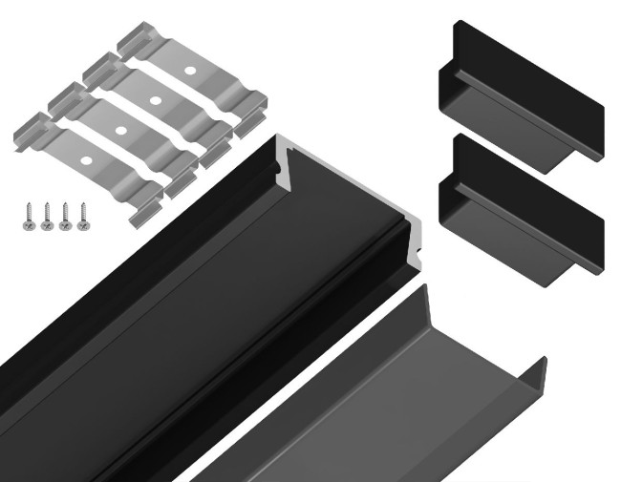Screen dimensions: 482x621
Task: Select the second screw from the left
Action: click(45, 215)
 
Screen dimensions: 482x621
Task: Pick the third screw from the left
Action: click(64, 215)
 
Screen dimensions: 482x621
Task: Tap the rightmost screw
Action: click(82, 214)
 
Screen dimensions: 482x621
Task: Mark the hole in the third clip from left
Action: click(154, 97)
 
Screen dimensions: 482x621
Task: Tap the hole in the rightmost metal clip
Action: click(189, 72)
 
